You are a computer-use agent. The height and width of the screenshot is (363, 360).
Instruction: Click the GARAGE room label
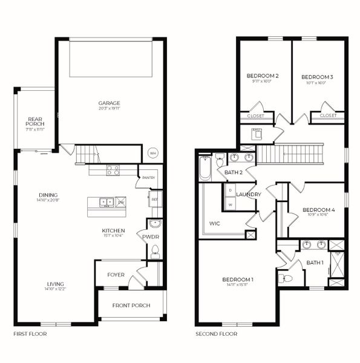pyautogui.click(x=110, y=103)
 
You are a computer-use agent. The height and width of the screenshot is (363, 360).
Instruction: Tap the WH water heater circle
pyautogui.click(x=152, y=152)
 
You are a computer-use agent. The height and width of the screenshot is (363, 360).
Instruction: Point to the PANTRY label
pyautogui.click(x=148, y=178)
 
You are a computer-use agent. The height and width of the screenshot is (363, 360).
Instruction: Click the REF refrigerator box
pyautogui.click(x=154, y=198)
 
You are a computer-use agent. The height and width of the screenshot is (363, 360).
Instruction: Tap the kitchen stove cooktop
pyautogui.click(x=113, y=170)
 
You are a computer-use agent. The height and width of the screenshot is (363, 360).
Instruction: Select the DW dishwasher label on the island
pyautogui.click(x=121, y=202)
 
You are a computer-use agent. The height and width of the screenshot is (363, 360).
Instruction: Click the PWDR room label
pyautogui.click(x=150, y=237)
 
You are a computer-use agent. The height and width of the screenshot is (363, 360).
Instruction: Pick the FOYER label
pyautogui.click(x=116, y=275)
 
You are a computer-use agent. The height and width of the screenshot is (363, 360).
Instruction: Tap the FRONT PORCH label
pyautogui.click(x=131, y=306)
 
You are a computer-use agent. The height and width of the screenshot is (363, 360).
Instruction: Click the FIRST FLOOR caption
pyautogui.click(x=30, y=333)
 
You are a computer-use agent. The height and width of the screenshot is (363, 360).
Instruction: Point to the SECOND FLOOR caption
pyautogui.click(x=216, y=333)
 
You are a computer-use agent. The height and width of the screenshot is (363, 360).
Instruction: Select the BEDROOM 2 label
pyautogui.click(x=263, y=76)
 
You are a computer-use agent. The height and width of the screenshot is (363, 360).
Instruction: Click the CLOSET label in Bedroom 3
pyautogui.click(x=328, y=115)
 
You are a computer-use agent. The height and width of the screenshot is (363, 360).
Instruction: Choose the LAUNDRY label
pyautogui.click(x=249, y=194)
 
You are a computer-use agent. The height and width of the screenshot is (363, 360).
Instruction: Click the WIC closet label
pyautogui.click(x=215, y=223)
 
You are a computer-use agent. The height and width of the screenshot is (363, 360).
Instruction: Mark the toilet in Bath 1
pyautogui.click(x=286, y=279)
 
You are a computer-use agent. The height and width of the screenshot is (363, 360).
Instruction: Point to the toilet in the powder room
pyautogui.click(x=155, y=250)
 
